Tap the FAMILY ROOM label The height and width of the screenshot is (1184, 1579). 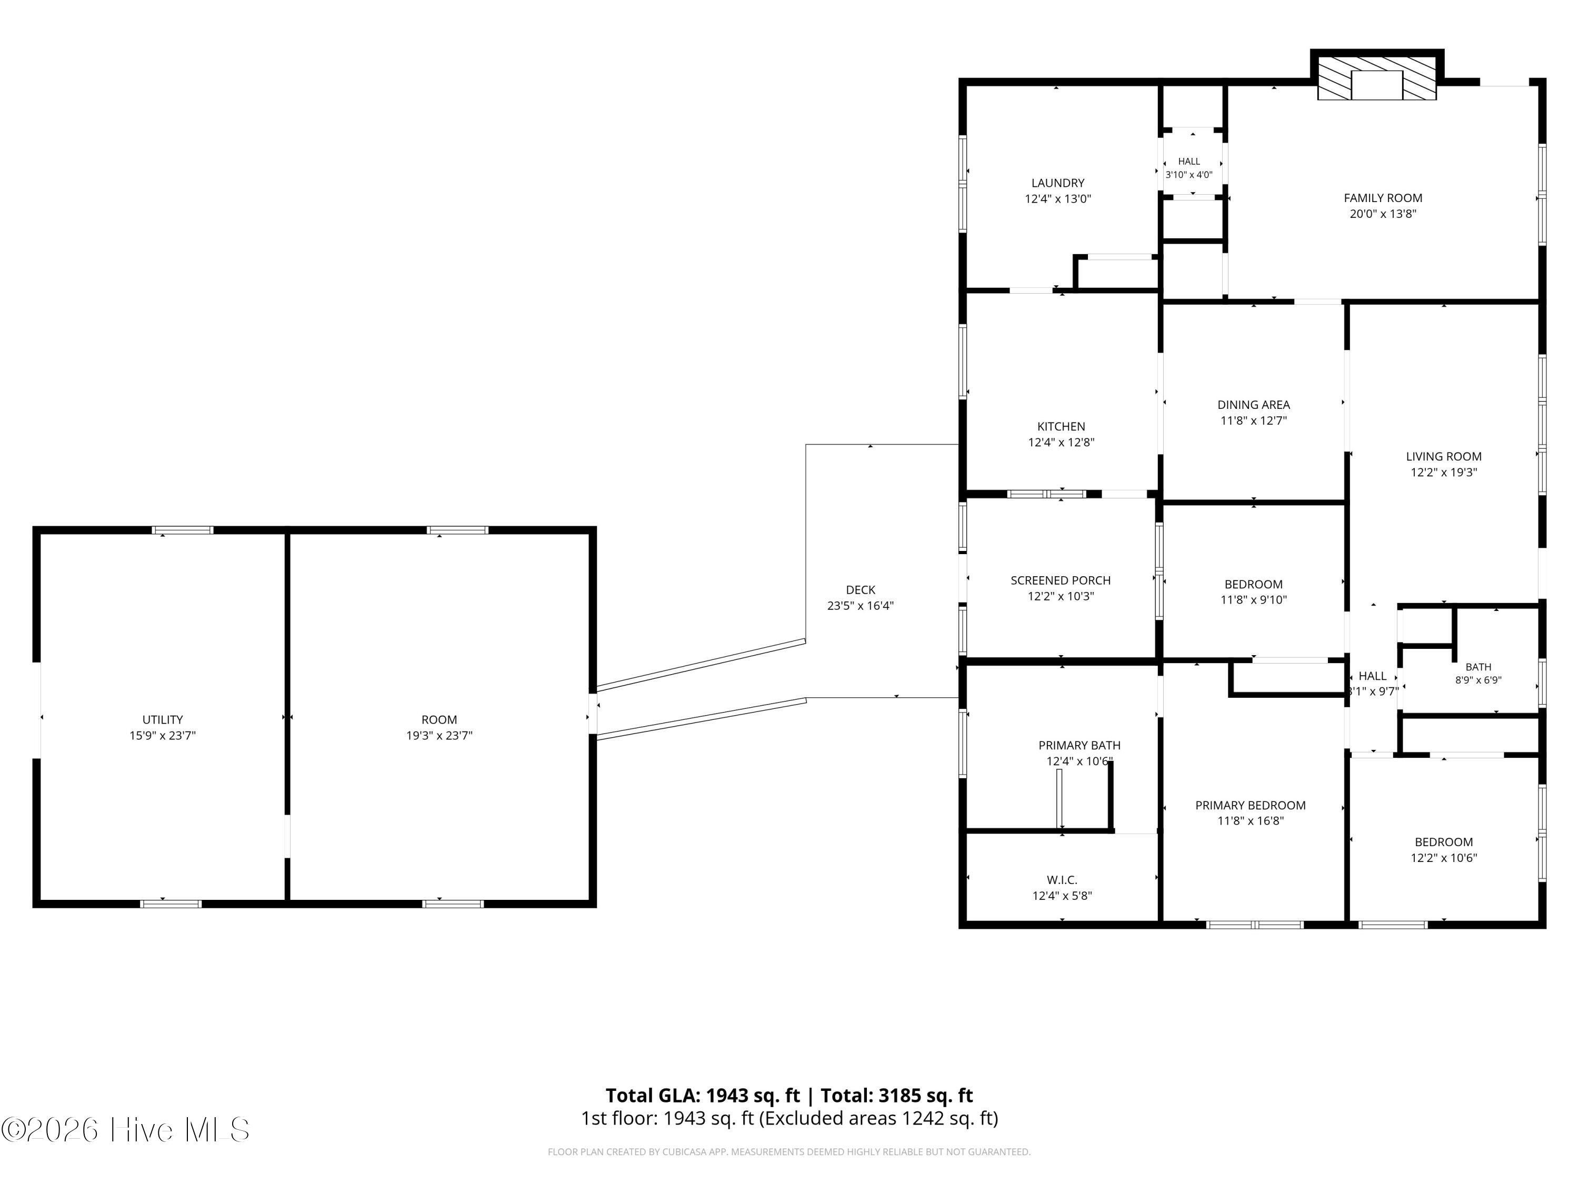[1383, 198]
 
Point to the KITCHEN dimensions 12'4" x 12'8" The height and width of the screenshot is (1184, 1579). [1061, 443]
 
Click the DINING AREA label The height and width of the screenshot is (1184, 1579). [1254, 405]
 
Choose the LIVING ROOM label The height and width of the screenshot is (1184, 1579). [1443, 457]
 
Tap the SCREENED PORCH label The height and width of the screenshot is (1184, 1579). [1060, 581]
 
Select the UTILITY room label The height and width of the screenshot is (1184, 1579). [162, 720]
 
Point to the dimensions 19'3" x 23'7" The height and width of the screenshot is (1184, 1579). [439, 736]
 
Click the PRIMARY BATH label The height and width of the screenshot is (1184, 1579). [1080, 746]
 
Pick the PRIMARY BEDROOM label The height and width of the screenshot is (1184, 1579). [1250, 806]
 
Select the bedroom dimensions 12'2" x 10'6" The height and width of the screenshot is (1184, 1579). [1443, 858]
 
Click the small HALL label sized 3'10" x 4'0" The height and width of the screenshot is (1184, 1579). [1188, 162]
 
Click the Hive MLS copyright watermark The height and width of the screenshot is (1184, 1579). [126, 1130]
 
